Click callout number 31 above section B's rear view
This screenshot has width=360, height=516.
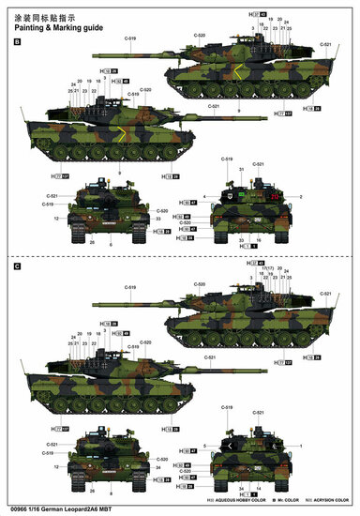coord(241,169)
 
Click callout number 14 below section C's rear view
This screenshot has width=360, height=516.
coord(242,489)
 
